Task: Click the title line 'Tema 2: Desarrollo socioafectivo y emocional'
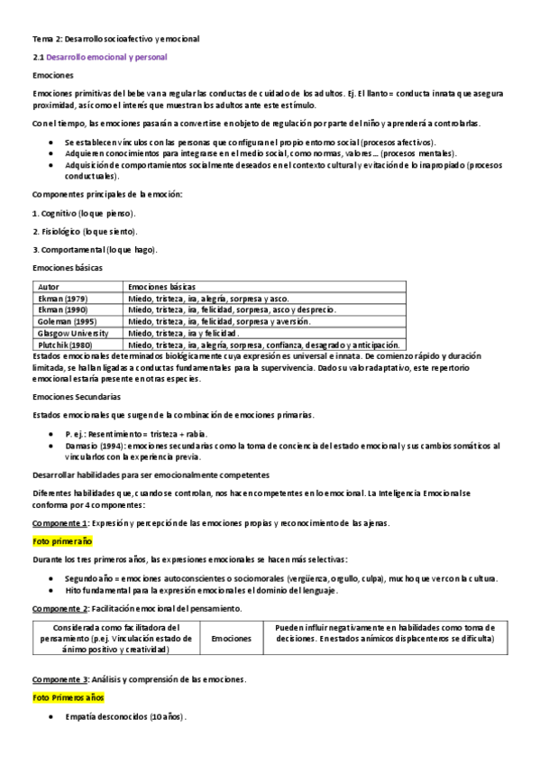point(115,40)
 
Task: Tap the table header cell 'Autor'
point(50,286)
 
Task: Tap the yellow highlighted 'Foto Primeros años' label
point(68,697)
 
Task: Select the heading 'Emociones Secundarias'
point(77,396)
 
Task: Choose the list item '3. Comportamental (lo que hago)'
point(95,248)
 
